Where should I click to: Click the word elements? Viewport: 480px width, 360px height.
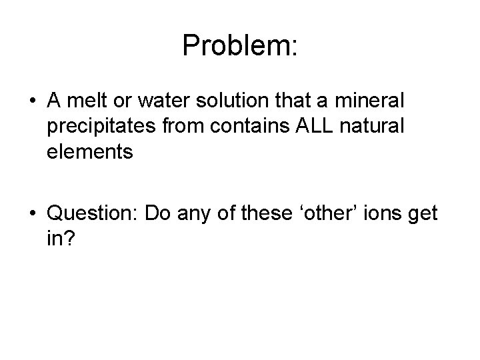click(90, 151)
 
